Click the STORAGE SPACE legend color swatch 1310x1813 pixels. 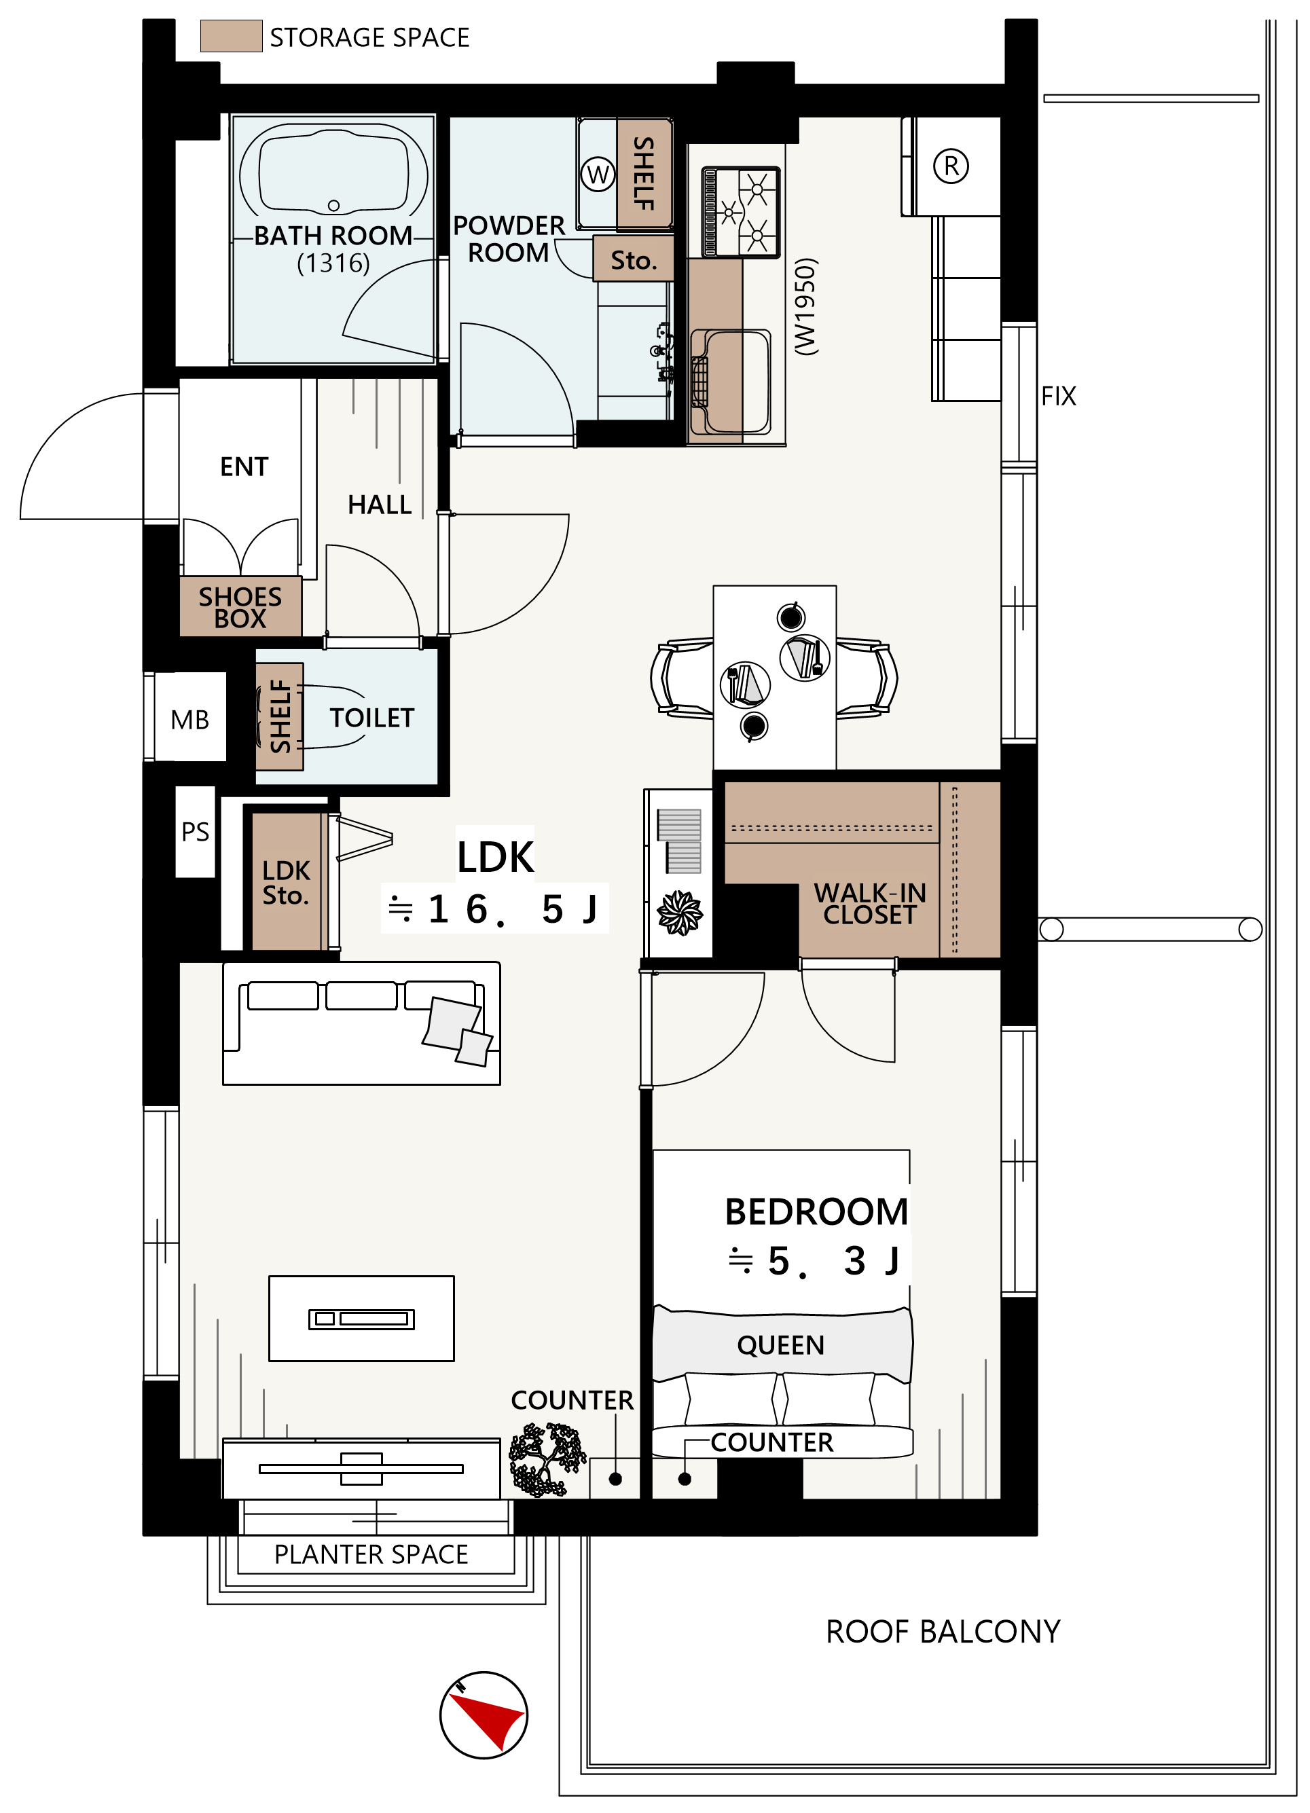(231, 36)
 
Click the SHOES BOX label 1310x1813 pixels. (240, 607)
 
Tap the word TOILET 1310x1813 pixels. (371, 717)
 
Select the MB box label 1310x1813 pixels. (189, 720)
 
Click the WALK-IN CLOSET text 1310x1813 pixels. (870, 903)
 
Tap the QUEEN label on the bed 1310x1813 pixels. (780, 1344)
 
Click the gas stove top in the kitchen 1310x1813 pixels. (740, 212)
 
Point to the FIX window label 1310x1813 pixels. (1058, 396)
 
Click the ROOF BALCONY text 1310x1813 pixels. (943, 1632)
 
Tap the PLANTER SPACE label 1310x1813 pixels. (371, 1554)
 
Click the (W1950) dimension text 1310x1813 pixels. (805, 306)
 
